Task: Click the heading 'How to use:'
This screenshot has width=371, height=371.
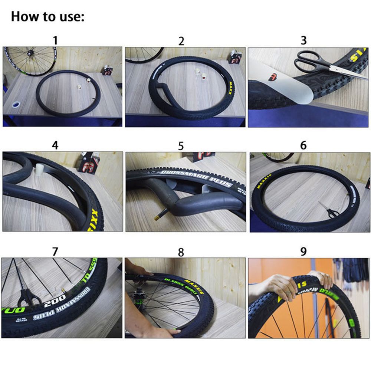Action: point(48,16)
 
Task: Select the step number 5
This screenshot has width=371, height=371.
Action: point(181,146)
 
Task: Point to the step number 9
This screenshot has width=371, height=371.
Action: point(303,252)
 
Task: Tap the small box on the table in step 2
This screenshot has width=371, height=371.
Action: point(234,57)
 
